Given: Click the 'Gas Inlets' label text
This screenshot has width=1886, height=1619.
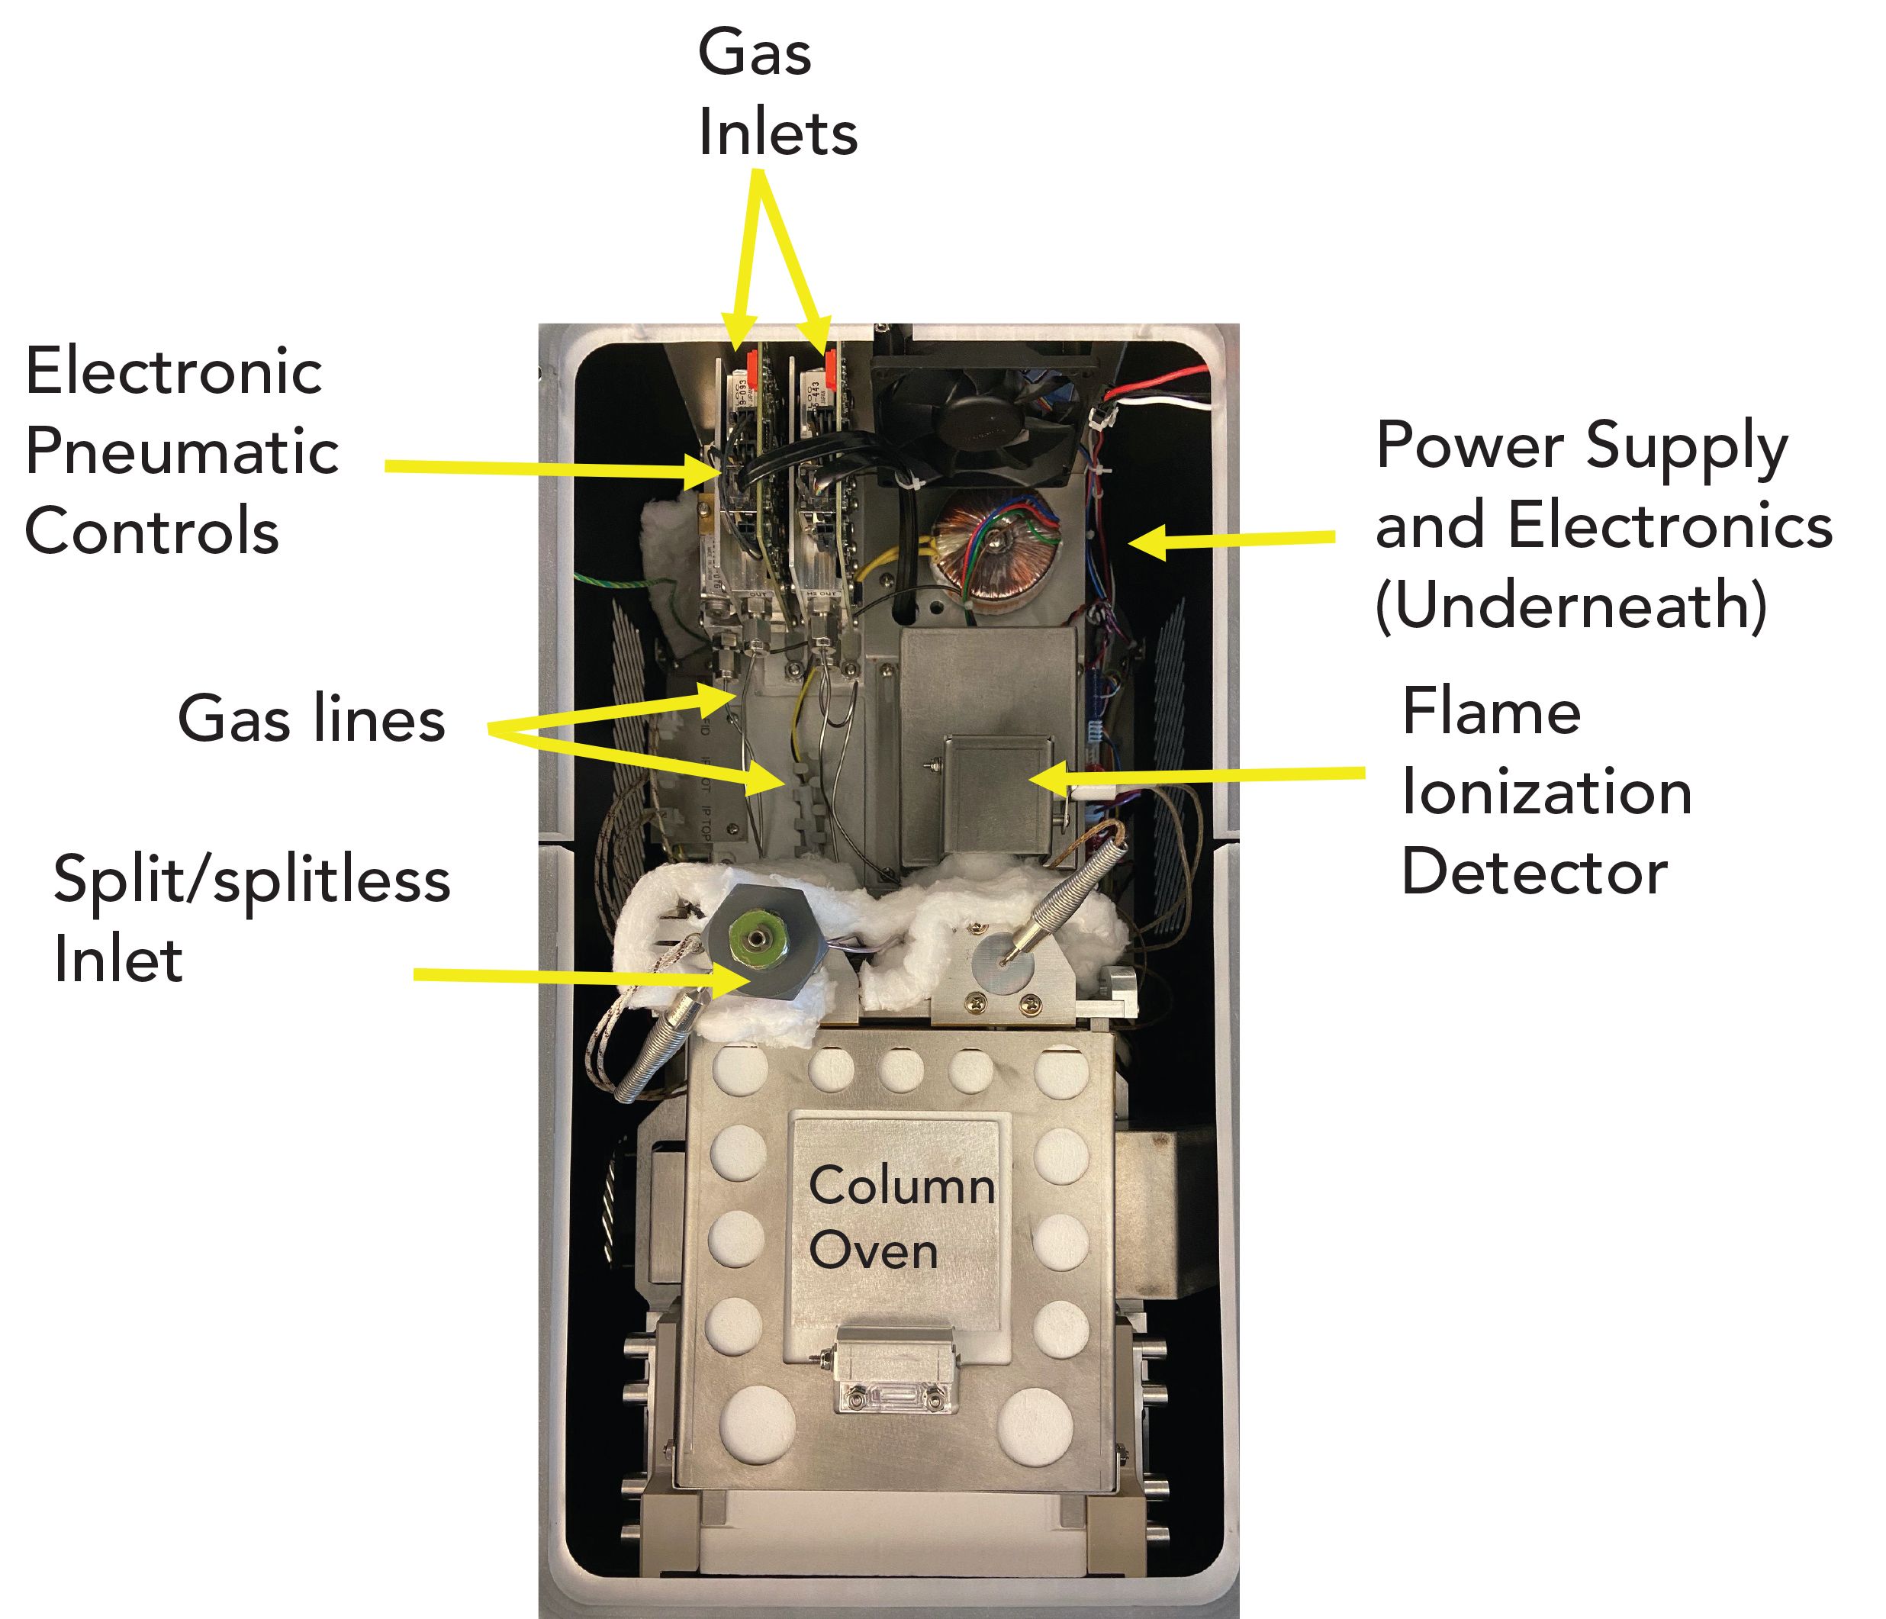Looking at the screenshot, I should click(x=777, y=93).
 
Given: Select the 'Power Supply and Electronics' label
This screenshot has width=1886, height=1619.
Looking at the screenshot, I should click(x=1602, y=526).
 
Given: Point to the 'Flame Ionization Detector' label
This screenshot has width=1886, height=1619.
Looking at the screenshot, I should click(x=1546, y=791).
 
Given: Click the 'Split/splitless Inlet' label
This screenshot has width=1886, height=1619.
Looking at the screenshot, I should click(x=251, y=919).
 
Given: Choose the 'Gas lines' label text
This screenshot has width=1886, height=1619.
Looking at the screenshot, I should click(x=311, y=719).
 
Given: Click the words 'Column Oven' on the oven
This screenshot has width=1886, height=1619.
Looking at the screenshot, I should click(x=900, y=1218).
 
